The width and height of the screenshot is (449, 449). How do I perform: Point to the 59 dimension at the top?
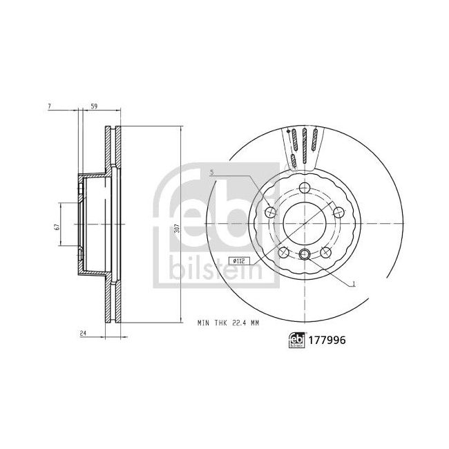[93, 105]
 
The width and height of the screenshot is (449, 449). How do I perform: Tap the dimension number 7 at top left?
[50, 105]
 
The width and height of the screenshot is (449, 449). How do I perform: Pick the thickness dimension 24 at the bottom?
[82, 334]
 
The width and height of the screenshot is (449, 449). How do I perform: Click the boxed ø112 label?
[239, 260]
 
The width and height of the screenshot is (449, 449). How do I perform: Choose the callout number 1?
[353, 283]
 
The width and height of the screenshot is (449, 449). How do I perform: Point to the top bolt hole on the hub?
[305, 189]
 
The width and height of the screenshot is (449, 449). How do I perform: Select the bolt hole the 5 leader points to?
[269, 212]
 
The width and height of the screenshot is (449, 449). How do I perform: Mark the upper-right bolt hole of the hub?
[338, 212]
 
